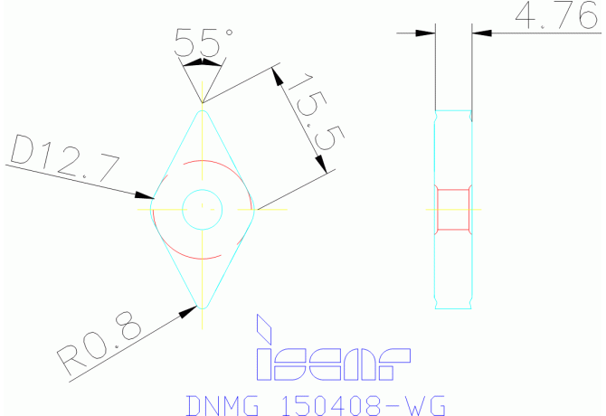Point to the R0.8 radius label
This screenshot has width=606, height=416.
tap(99, 345)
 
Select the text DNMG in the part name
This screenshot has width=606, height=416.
tap(220, 404)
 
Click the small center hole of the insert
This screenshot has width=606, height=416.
tap(202, 209)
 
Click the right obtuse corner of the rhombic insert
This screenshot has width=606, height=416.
tap(254, 209)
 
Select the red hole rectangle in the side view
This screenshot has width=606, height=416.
tap(453, 209)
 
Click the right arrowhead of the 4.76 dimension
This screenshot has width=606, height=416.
tap(480, 33)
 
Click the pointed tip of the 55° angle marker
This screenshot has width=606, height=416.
tap(203, 101)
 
